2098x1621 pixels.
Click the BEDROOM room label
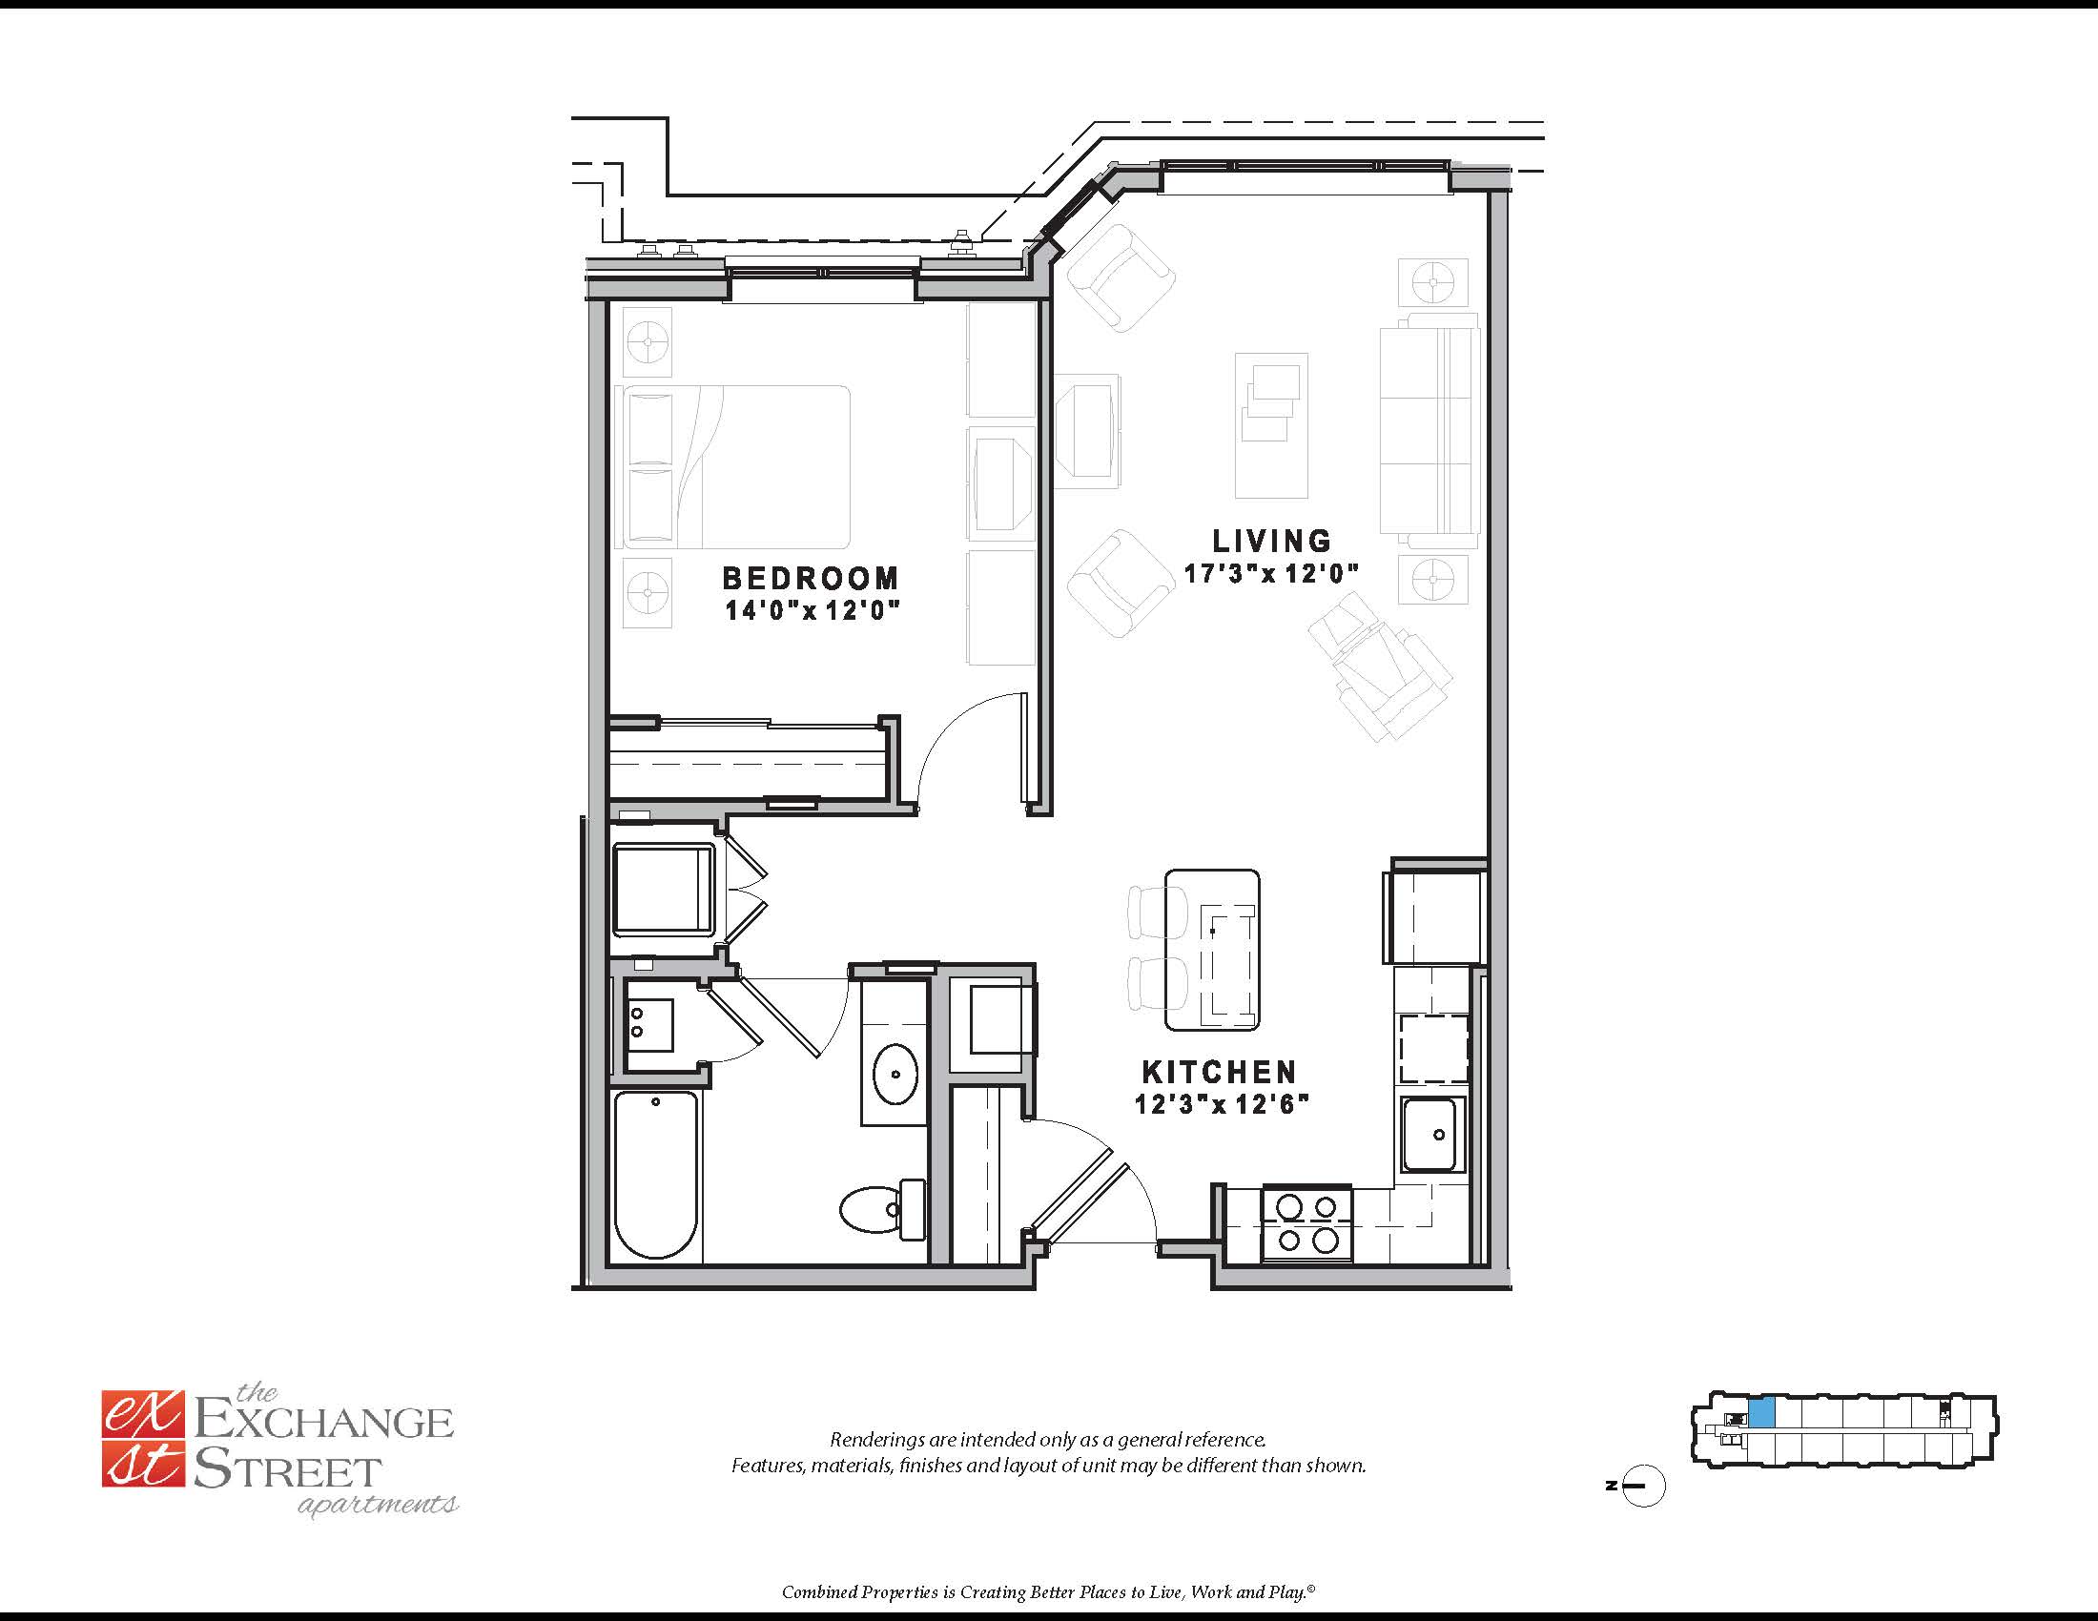point(811,578)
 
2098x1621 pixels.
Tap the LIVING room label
point(1271,541)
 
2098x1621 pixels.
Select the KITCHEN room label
point(1219,1072)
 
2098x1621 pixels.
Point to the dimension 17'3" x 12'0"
point(1271,574)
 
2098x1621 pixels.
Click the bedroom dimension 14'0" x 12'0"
point(812,610)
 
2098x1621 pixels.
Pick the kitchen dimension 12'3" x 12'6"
point(1222,1104)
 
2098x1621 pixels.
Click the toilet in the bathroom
point(882,1209)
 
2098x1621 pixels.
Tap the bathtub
point(656,1175)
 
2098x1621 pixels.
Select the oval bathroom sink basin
point(895,1075)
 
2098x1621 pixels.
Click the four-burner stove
point(1307,1222)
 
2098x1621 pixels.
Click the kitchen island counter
point(1212,950)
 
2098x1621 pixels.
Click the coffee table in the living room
point(1271,425)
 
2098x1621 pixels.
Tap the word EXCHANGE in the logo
point(323,1422)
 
